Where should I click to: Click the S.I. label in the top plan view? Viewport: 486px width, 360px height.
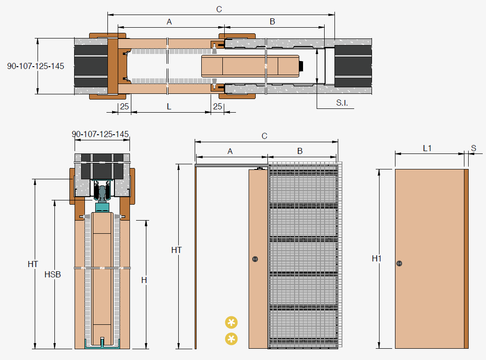[342, 103]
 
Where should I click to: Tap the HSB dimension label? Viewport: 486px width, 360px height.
[53, 275]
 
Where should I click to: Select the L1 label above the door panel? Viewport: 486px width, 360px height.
[427, 148]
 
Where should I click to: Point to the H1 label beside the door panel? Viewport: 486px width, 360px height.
[376, 258]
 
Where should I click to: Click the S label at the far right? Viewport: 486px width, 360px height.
[473, 148]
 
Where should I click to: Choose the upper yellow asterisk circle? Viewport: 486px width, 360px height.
[231, 322]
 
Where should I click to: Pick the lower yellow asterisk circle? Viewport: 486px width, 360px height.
[231, 339]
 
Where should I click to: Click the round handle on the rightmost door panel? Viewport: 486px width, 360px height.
[399, 264]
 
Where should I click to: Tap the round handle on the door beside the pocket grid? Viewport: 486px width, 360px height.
[255, 259]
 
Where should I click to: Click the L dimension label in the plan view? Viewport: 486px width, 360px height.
[169, 107]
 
